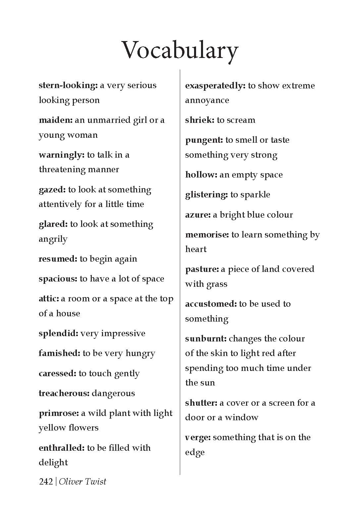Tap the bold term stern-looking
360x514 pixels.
(68, 85)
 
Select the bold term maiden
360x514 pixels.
(55, 120)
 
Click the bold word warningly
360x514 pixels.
(62, 155)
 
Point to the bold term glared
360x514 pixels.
(53, 224)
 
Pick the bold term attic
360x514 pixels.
(49, 299)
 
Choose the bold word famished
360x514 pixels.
(59, 353)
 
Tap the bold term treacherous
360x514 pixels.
(64, 393)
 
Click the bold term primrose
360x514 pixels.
(59, 413)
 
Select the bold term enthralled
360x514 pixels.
(62, 448)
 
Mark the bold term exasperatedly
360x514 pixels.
(215, 86)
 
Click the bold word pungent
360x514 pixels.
(204, 140)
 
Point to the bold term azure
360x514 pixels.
(198, 215)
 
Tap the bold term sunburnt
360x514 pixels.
(206, 339)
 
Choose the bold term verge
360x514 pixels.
(198, 437)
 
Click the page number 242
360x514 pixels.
(46, 482)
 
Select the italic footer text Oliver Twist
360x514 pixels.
(82, 482)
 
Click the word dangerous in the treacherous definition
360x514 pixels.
(113, 393)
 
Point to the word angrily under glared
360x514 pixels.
(53, 239)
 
